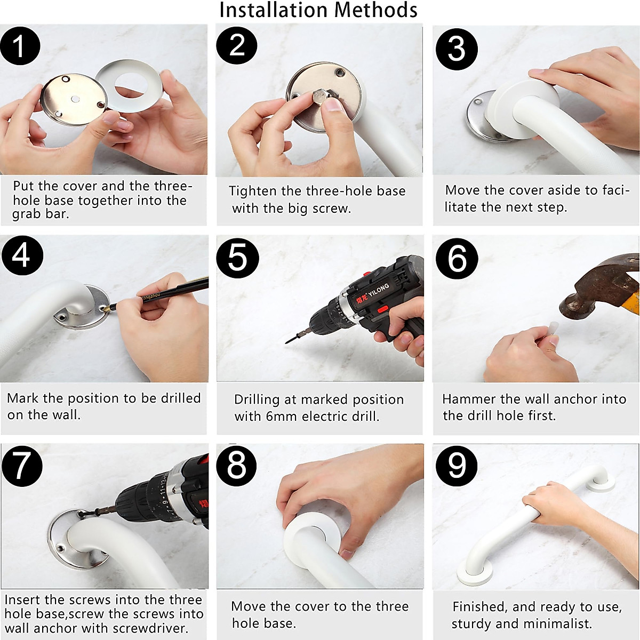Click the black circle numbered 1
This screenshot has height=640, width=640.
tap(20, 46)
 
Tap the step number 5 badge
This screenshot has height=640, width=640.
tap(237, 258)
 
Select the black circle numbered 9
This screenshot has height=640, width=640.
tap(457, 466)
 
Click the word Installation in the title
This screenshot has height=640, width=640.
tap(274, 10)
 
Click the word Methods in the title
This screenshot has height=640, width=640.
tap(375, 10)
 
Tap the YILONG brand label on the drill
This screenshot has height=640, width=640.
tap(379, 290)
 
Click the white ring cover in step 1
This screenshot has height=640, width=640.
tap(129, 86)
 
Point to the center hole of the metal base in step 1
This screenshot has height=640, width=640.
tap(75, 99)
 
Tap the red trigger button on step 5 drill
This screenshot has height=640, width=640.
tap(382, 309)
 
